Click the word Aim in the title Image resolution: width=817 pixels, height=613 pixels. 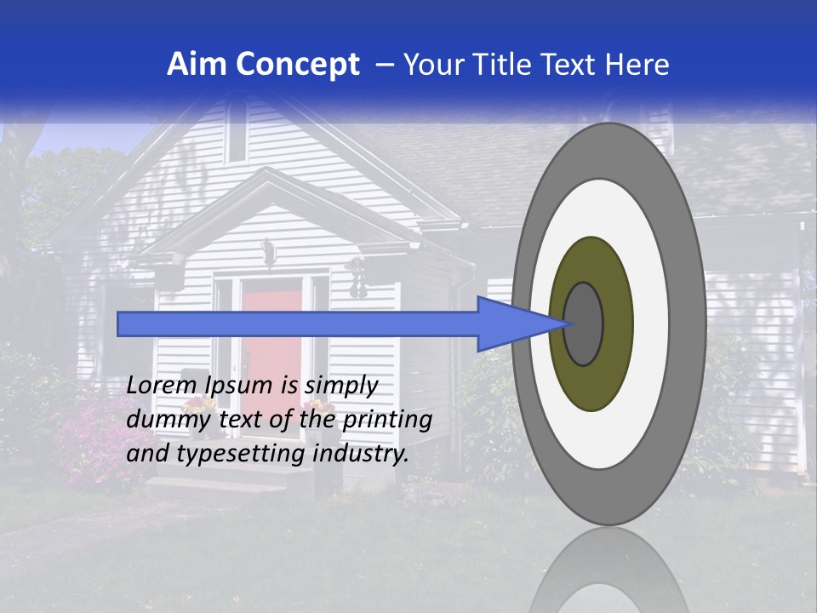(197, 64)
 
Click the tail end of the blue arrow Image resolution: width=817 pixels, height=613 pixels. (124, 324)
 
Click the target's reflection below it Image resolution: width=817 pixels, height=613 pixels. (608, 570)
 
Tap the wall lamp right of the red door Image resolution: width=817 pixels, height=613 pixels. (357, 277)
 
